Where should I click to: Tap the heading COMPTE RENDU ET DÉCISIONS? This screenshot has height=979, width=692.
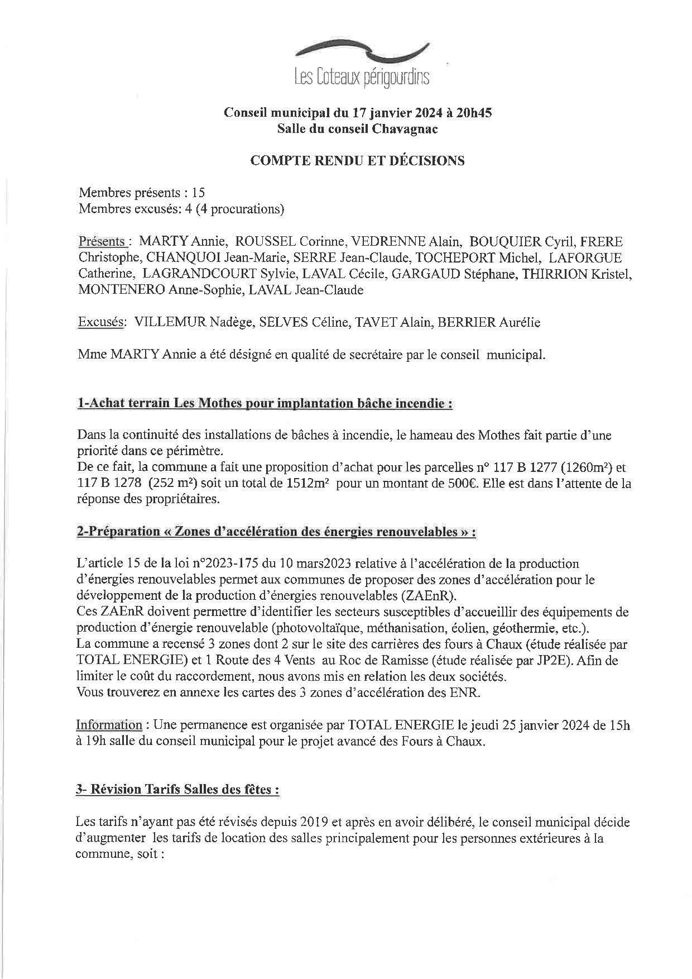[x=357, y=161]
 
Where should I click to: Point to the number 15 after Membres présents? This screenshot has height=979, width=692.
[x=198, y=193]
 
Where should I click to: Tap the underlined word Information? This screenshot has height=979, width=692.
[x=109, y=725]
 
